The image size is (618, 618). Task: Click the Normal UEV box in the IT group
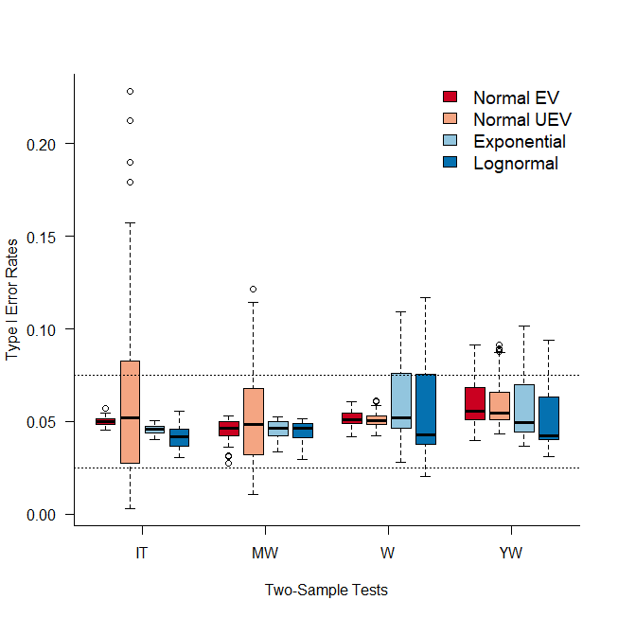coord(130,412)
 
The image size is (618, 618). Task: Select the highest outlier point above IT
coord(130,91)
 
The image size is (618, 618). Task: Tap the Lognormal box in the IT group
coord(179,437)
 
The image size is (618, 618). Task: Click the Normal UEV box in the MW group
coord(253,421)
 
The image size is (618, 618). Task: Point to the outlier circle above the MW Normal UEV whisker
coord(253,290)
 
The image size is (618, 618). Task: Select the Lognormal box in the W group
coord(426,409)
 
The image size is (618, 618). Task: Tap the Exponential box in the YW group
coord(524,408)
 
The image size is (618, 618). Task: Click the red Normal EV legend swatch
coord(450,97)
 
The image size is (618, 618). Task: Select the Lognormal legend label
coord(515,164)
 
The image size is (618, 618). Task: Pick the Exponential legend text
coord(519,142)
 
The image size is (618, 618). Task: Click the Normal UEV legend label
coord(521,120)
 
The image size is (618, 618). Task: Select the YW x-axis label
coord(511,553)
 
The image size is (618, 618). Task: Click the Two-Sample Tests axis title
coord(326,591)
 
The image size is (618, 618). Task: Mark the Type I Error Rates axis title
coord(12,298)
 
